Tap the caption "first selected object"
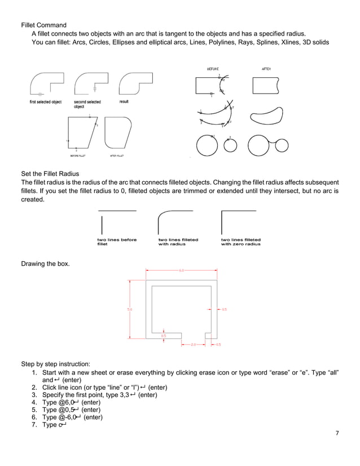click(x=46, y=102)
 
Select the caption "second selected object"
click(x=87, y=104)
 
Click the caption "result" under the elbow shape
click(x=124, y=102)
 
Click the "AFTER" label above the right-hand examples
click(x=266, y=69)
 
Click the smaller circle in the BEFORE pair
click(x=230, y=145)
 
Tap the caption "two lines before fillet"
click(x=117, y=242)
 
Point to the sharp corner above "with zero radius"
click(x=223, y=212)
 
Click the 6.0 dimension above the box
click(x=182, y=270)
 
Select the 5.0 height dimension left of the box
click(x=129, y=309)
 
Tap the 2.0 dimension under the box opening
click(x=192, y=344)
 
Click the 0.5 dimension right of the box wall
click(x=224, y=309)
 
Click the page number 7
click(x=337, y=433)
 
